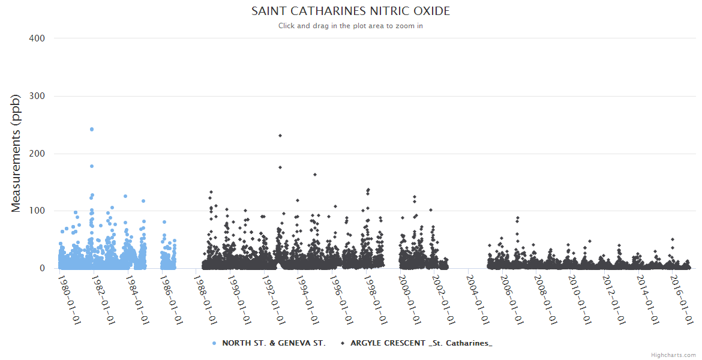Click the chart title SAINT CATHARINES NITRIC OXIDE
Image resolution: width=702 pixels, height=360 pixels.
[350, 11]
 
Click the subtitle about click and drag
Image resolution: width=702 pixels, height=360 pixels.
[350, 26]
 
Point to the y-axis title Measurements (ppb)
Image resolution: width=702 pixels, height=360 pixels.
[16, 153]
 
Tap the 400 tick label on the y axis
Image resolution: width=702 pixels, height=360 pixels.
[37, 38]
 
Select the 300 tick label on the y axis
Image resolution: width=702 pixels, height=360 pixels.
[37, 96]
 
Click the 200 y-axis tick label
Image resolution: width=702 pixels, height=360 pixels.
[37, 154]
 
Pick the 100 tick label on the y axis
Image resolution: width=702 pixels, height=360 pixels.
[37, 211]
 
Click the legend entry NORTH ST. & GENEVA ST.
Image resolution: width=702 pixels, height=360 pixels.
[274, 343]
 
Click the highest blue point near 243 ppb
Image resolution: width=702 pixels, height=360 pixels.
[92, 129]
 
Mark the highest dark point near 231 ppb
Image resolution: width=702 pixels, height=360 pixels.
[280, 136]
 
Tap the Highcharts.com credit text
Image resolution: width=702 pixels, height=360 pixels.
[673, 355]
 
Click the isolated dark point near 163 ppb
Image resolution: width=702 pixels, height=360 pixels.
[315, 175]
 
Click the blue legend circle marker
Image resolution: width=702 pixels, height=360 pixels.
[214, 343]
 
